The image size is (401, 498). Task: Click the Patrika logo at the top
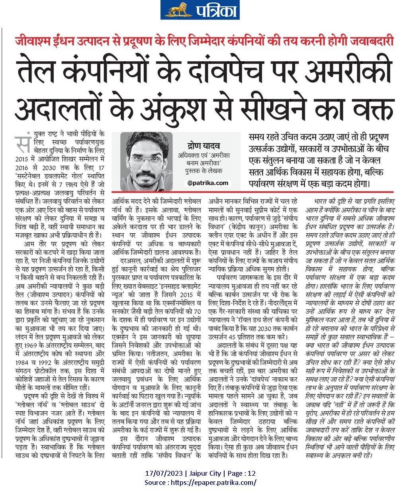click(200, 10)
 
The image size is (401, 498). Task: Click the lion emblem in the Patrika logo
click(176, 10)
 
